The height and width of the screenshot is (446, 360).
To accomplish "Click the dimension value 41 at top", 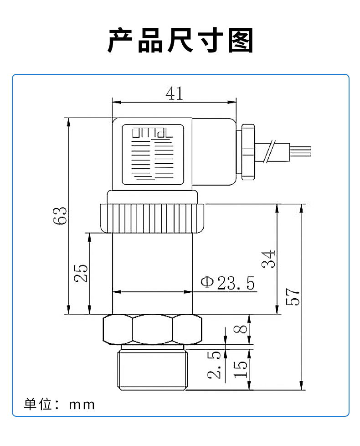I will pos(174,93).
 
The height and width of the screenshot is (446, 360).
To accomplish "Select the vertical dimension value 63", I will pos(60,215).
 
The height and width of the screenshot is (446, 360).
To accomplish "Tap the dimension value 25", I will pos(81,273).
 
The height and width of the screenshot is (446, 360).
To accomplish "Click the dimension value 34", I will pos(269,259).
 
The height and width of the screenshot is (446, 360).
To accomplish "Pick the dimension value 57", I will pos(293,297).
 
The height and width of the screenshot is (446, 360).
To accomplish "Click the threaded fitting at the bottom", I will pos(153,369).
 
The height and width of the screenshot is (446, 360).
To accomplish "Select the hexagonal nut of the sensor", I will pos(153,329).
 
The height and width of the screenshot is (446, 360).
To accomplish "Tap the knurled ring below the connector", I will pos(153,218).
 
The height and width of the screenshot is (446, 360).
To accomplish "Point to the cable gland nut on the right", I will pos(249,151).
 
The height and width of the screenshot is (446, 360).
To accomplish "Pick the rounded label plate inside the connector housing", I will pos(153,154).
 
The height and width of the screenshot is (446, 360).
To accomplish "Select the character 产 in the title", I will pos(121,41).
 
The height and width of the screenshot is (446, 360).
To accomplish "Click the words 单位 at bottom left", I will pos(37,404).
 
